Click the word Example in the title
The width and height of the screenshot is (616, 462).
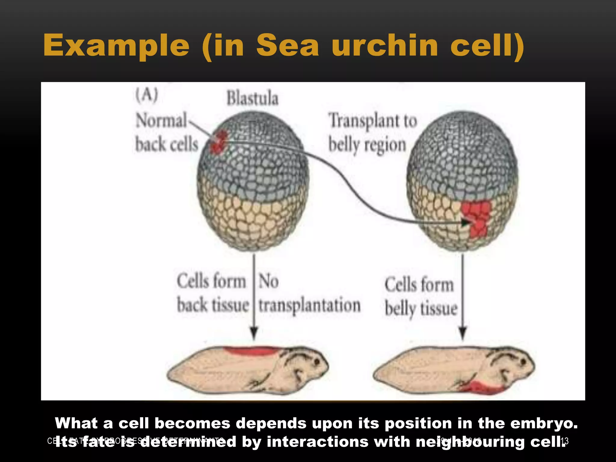pyautogui.click(x=116, y=46)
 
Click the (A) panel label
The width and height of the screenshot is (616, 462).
pyautogui.click(x=146, y=96)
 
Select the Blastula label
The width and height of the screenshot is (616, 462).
pyautogui.click(x=252, y=98)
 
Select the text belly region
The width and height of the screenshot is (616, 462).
pyautogui.click(x=367, y=145)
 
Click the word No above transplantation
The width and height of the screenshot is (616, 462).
pyautogui.click(x=269, y=281)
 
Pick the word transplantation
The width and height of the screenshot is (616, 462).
pyautogui.click(x=310, y=306)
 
